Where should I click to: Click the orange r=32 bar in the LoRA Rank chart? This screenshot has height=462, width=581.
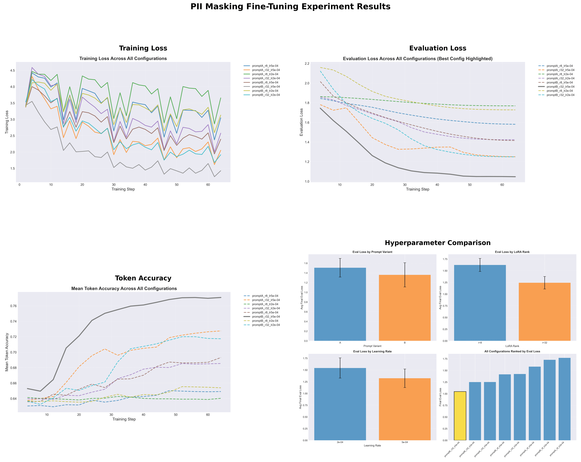click(544, 312)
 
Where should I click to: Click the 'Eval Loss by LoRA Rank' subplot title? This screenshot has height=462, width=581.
click(512, 252)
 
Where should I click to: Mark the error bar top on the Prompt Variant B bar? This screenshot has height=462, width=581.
click(404, 263)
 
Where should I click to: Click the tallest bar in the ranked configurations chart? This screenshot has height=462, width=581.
click(564, 399)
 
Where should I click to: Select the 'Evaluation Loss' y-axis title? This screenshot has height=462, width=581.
click(302, 122)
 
